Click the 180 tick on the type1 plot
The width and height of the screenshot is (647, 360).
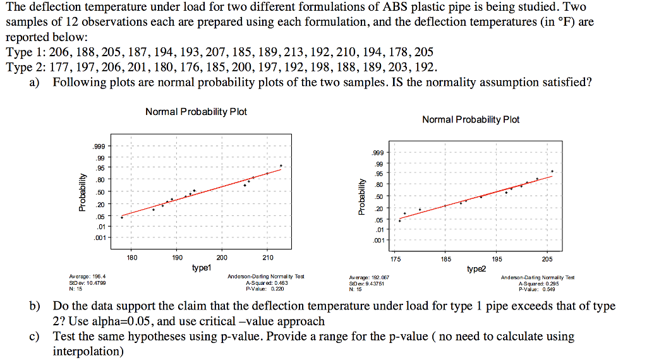pyautogui.click(x=131, y=257)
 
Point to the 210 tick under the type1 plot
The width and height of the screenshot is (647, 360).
pyautogui.click(x=267, y=257)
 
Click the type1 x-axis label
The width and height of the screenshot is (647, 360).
pyautogui.click(x=202, y=268)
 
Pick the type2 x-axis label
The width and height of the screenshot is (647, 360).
pyautogui.click(x=477, y=269)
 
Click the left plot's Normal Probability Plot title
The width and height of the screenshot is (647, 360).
pyautogui.click(x=196, y=112)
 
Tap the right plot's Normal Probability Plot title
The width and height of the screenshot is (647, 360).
pyautogui.click(x=471, y=119)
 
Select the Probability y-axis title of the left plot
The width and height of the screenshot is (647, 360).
pyautogui.click(x=80, y=193)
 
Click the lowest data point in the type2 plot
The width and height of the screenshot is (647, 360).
pyautogui.click(x=400, y=220)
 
